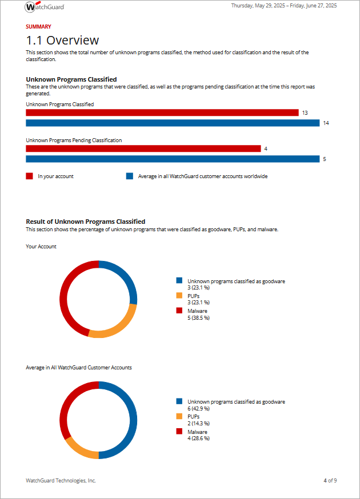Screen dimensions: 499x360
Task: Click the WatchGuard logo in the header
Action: [x=45, y=7]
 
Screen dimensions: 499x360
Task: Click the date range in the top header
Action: [x=283, y=6]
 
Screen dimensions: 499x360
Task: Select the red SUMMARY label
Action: [x=38, y=27]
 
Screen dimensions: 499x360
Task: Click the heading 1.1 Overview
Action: [x=62, y=41]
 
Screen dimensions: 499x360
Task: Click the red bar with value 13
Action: [x=162, y=113]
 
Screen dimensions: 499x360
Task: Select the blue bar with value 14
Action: [x=172, y=123]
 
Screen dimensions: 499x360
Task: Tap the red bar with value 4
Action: [x=143, y=148]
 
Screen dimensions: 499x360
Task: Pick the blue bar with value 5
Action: [x=172, y=159]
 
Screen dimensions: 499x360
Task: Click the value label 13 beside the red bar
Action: [x=305, y=113]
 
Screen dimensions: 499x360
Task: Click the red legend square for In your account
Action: [x=29, y=176]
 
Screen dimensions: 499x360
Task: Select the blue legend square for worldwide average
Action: [x=129, y=176]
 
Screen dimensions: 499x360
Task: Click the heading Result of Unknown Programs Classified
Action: [x=85, y=222]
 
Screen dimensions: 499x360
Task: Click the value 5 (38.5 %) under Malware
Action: [x=198, y=317]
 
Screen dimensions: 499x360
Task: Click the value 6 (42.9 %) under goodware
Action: [x=198, y=408]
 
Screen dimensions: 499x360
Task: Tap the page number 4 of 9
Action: [x=330, y=481]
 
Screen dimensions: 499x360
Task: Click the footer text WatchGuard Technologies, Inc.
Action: [x=61, y=481]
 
